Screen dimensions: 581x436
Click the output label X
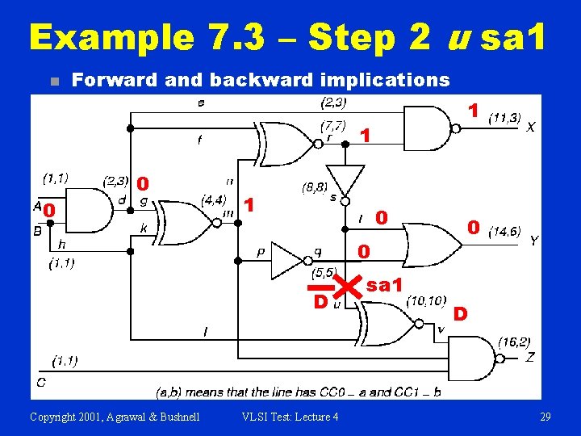tap(530, 127)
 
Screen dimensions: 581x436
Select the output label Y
tap(533, 240)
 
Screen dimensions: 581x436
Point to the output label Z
tap(530, 356)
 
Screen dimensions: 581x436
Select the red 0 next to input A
tap(48, 212)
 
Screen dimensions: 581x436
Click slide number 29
tap(545, 416)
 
